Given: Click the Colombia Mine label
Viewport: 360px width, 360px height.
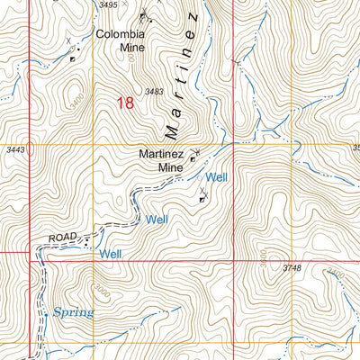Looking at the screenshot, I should point(121,42).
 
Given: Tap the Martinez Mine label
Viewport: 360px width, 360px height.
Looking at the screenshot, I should point(162,160).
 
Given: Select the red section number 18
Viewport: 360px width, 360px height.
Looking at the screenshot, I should point(126,103).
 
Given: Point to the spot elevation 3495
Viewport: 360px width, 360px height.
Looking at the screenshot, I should point(108,5).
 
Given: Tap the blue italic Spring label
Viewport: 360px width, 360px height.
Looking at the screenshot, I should point(73,312).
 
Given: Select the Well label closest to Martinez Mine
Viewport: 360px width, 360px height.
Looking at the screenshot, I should point(217,177).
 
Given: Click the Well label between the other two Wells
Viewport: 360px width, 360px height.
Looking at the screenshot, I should point(157,219).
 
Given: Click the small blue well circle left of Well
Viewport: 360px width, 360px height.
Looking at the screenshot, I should point(200,178).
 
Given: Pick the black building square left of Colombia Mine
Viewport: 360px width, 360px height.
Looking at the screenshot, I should point(73,59).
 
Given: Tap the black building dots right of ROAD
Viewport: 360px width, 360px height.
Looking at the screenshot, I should point(86,239).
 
